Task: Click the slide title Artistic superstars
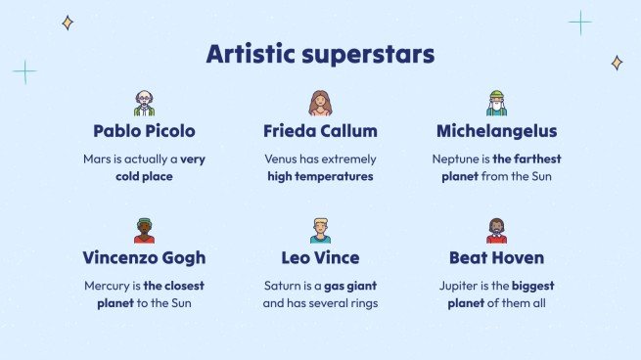click(320, 54)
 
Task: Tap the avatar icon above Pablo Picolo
click(144, 103)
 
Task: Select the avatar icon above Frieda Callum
click(320, 103)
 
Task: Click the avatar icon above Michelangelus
click(496, 103)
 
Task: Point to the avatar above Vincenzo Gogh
click(144, 231)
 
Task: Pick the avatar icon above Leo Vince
click(320, 231)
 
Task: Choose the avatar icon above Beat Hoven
click(496, 231)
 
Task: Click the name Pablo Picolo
click(144, 131)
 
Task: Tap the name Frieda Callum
click(320, 131)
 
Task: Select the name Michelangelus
click(496, 131)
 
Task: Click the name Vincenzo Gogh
click(144, 258)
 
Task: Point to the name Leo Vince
click(320, 258)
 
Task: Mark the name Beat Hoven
click(496, 258)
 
